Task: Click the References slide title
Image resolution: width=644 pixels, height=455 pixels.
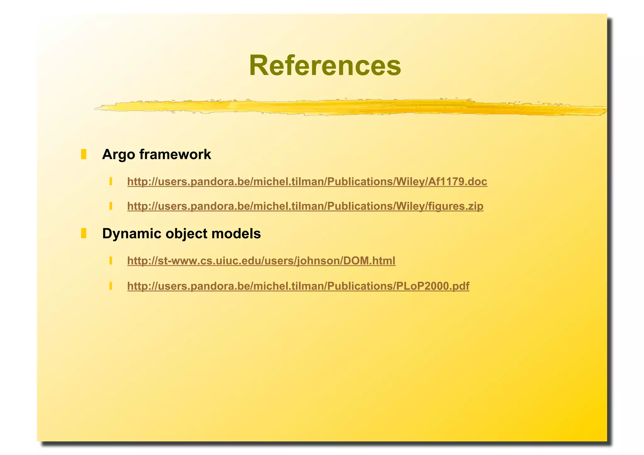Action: click(325, 65)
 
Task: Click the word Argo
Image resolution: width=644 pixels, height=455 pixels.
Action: click(119, 155)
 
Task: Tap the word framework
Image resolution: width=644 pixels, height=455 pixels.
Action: click(175, 154)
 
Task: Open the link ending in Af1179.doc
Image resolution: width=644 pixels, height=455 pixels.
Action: click(307, 182)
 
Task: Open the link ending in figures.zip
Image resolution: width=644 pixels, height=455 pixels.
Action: click(305, 206)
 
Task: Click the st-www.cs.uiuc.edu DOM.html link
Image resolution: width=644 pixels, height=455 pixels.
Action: click(261, 261)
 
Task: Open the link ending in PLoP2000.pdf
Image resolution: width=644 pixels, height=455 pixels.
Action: click(298, 286)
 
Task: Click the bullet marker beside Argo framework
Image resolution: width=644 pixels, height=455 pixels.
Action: click(84, 154)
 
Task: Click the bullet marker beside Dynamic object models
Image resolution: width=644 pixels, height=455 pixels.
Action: click(84, 234)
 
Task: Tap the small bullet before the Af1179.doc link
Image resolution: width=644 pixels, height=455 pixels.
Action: click(111, 181)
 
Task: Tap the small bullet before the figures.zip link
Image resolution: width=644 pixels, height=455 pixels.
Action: click(111, 206)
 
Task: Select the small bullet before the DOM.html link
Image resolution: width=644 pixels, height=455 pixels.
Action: click(111, 261)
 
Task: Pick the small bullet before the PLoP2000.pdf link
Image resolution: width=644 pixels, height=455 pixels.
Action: click(111, 286)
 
